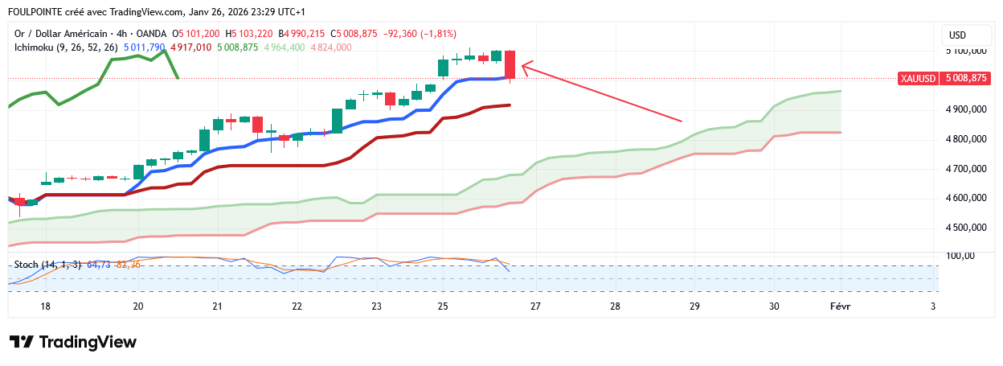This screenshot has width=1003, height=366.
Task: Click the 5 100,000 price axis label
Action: pos(964,50)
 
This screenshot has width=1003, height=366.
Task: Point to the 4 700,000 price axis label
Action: pos(964,169)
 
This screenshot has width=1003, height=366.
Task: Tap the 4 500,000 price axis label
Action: pos(964,228)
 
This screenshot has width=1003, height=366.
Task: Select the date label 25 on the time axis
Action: pos(442,306)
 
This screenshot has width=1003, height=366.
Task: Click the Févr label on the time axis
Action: pos(841,306)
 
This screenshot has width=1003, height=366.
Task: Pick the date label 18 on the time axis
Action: pos(46,306)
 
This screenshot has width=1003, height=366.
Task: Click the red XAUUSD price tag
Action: pos(943,78)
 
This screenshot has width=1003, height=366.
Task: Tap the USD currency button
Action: pos(957,35)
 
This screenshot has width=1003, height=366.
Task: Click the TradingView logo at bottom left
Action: pos(73,342)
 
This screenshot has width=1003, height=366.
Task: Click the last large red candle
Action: pos(510,64)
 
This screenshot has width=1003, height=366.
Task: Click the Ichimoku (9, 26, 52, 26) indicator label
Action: pos(67,47)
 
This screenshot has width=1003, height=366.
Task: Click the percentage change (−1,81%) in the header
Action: pos(433,34)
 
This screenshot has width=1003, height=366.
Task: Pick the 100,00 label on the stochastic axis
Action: pos(961,257)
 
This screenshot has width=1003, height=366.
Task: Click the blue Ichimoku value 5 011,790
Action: pos(145,47)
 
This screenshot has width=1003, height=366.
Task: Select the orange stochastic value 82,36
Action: pos(129,265)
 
